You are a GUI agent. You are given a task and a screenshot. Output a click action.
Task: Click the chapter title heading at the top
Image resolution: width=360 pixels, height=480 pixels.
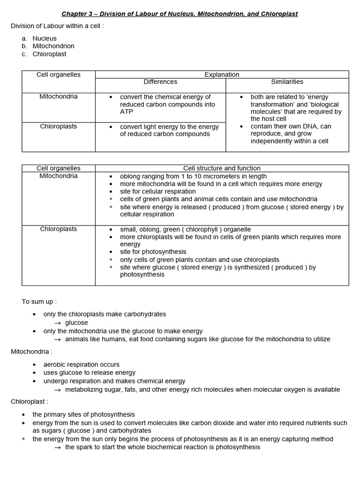pos(180,14)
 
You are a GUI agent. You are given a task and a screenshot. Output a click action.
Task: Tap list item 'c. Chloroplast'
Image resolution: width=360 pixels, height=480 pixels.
pos(49,54)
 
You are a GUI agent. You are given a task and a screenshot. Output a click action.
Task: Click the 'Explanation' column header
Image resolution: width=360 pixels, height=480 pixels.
pos(222,75)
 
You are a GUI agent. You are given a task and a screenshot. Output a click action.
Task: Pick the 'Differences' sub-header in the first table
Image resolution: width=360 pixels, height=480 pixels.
pos(160,82)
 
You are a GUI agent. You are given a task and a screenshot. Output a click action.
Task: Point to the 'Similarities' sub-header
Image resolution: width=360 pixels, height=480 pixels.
pos(287,82)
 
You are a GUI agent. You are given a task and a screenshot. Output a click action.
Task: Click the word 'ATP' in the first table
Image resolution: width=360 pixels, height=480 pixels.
pos(127,112)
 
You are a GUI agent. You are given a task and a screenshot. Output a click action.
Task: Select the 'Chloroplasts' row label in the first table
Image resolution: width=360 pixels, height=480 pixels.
pos(59,126)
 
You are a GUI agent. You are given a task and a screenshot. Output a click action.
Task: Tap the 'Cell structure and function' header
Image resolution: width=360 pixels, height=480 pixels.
pos(222,168)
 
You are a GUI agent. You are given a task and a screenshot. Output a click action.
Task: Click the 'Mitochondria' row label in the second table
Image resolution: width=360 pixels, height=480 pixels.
pos(59,176)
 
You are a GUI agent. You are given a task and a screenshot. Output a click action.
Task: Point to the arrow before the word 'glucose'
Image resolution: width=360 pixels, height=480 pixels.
pos(58,323)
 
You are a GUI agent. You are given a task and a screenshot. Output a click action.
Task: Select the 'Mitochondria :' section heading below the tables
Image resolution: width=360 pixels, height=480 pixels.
pos(32,351)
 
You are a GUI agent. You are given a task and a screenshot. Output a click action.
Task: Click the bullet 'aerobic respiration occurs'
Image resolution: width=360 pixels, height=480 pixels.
pos(81,364)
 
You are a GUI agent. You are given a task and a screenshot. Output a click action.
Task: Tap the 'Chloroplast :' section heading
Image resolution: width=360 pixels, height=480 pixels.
pos(30,401)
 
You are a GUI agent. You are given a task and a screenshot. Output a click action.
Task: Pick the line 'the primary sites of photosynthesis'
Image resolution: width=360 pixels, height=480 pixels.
pos(83,414)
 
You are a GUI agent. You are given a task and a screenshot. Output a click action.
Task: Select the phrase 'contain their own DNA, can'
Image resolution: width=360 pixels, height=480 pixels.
pos(291,126)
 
